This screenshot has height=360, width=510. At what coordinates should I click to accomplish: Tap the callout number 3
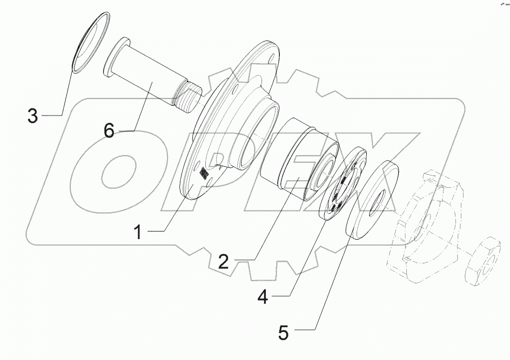(x=33, y=116)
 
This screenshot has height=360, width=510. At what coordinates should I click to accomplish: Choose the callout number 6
(x=109, y=131)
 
